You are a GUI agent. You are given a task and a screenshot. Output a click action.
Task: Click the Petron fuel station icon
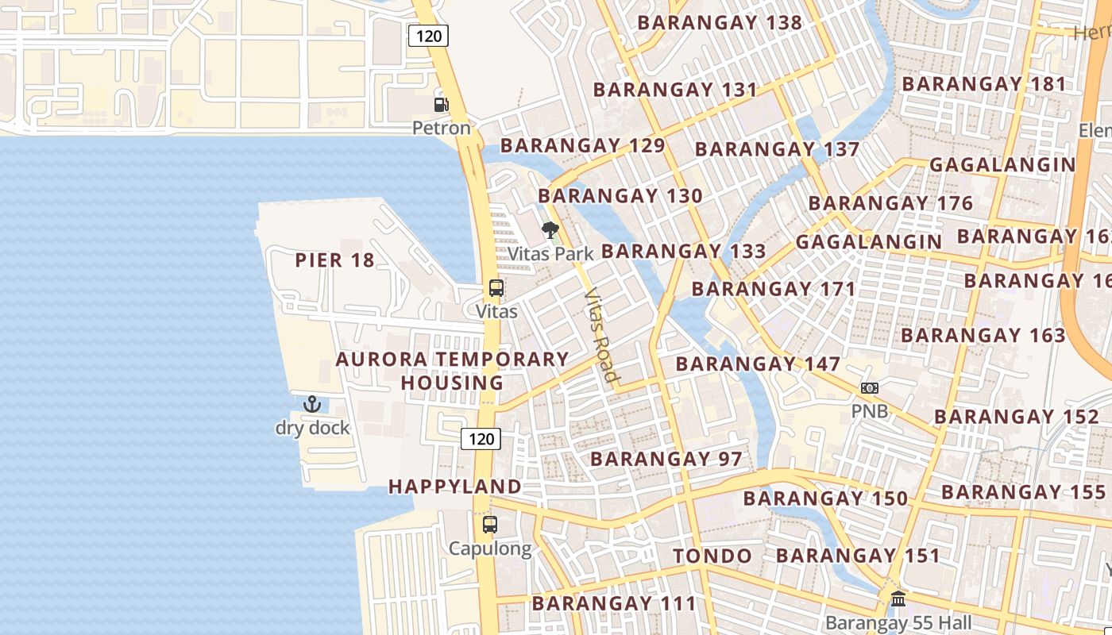[441, 104]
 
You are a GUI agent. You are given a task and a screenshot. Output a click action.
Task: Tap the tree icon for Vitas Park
[550, 231]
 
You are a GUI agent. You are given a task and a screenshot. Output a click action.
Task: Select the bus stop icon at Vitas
[496, 288]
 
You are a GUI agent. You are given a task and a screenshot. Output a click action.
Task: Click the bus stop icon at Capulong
[490, 525]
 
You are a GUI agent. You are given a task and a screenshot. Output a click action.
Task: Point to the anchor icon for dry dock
[312, 404]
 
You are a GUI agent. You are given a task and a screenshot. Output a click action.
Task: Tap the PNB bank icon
[870, 388]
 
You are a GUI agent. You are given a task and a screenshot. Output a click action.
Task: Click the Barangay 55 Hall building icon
[898, 598]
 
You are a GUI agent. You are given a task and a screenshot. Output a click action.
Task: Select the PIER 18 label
[334, 260]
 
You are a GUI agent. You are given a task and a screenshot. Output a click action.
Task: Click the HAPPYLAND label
[455, 487]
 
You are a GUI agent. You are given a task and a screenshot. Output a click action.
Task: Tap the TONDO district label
[712, 556]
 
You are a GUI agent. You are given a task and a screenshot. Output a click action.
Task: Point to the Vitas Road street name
[600, 334]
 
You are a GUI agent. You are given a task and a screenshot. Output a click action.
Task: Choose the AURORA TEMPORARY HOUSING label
[452, 371]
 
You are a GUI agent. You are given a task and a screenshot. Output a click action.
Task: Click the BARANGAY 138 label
[720, 22]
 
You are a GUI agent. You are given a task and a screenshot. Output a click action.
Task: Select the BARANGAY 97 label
[666, 459]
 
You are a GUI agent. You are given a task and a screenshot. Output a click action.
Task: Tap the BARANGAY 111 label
[614, 603]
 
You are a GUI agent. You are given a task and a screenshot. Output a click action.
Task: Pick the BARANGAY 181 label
[984, 83]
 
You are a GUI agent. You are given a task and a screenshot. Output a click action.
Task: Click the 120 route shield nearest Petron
[428, 35]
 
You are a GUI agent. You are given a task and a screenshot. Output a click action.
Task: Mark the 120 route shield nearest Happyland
[481, 438]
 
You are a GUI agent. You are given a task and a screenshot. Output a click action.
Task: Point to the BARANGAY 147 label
[758, 364]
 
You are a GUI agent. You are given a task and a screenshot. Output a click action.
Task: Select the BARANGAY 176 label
[890, 203]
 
